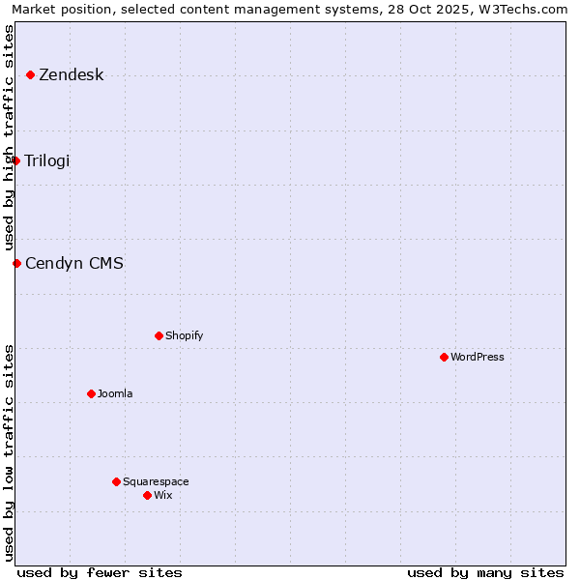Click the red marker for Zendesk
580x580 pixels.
click(x=31, y=74)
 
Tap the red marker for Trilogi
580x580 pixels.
click(x=16, y=160)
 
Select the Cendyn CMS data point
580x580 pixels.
click(x=16, y=263)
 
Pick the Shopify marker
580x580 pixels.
click(x=159, y=335)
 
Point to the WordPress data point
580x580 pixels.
click(x=445, y=357)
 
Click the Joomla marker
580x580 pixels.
click(x=92, y=393)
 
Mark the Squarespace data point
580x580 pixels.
click(x=117, y=481)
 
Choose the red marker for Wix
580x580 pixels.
click(x=148, y=495)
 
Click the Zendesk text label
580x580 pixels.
click(x=72, y=75)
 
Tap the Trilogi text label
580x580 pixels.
click(x=47, y=160)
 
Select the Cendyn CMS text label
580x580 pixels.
click(x=74, y=263)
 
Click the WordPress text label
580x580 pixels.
click(x=478, y=357)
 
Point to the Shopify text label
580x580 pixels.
click(x=185, y=335)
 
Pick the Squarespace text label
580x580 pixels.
click(x=156, y=481)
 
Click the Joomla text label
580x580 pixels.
click(x=115, y=393)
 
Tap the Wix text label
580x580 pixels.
click(x=163, y=495)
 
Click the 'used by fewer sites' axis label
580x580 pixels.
click(x=100, y=572)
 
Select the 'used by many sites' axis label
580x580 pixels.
click(x=485, y=572)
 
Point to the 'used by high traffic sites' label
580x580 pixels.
click(x=10, y=137)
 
